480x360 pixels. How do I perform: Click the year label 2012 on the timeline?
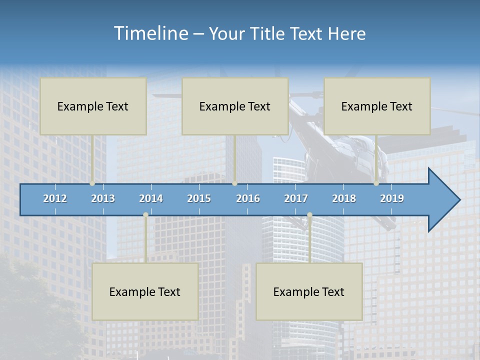pyautogui.click(x=55, y=198)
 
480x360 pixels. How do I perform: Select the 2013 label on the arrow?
pyautogui.click(x=103, y=198)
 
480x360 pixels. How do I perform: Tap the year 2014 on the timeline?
pyautogui.click(x=151, y=198)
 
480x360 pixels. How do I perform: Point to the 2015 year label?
pyautogui.click(x=199, y=198)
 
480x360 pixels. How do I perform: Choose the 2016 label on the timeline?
pyautogui.click(x=248, y=198)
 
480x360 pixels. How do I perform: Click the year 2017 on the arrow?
pyautogui.click(x=296, y=198)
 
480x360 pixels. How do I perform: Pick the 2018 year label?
pyautogui.click(x=344, y=198)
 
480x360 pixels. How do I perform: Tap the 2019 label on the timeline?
pyautogui.click(x=392, y=198)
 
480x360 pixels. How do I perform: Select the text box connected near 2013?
pyautogui.click(x=93, y=106)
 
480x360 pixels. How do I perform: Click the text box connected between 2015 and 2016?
pyautogui.click(x=235, y=106)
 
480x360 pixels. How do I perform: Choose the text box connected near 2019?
pyautogui.click(x=377, y=106)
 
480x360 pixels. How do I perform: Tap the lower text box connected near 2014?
pyautogui.click(x=145, y=291)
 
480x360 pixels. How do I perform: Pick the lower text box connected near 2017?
pyautogui.click(x=309, y=291)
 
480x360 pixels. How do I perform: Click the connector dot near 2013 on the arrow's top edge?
pyautogui.click(x=92, y=183)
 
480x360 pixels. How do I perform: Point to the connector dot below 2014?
pyautogui.click(x=145, y=215)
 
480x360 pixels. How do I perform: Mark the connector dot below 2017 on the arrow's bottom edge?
pyautogui.click(x=309, y=215)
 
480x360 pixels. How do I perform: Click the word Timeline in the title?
pyautogui.click(x=150, y=33)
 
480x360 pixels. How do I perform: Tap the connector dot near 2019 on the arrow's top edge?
pyautogui.click(x=376, y=183)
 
